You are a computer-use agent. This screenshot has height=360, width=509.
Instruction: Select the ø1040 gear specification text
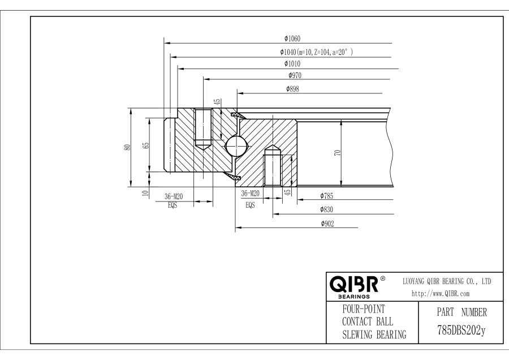[x=316, y=52]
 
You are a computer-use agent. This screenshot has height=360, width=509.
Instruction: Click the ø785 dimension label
[x=326, y=196]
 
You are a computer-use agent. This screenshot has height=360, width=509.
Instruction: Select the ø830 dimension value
[x=326, y=209]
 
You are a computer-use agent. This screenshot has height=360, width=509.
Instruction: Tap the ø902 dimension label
[x=326, y=224]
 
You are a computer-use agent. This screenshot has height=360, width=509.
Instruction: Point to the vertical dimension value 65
[x=146, y=144]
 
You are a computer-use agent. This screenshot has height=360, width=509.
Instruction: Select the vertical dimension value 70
[x=337, y=153]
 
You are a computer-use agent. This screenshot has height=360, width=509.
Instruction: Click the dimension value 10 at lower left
[x=145, y=193]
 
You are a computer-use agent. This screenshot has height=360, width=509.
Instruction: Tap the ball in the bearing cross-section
[x=236, y=145]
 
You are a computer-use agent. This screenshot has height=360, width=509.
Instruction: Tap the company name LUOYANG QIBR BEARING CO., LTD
[x=446, y=281]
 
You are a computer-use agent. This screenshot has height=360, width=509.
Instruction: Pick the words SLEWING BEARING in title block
[x=375, y=335]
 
